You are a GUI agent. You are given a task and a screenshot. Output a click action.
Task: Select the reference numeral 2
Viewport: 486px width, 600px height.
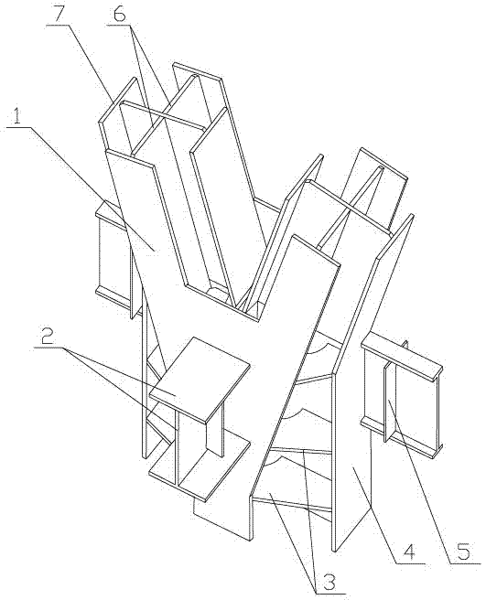[x=47, y=337]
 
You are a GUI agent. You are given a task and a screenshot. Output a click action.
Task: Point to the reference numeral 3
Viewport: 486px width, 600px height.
[x=329, y=583]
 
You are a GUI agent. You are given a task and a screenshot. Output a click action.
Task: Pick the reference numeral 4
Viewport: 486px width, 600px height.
[x=409, y=552]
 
